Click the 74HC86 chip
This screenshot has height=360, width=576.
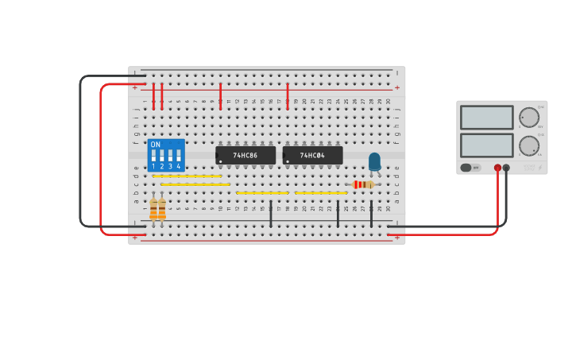tap(245, 155)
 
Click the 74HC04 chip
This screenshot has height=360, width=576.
tap(312, 155)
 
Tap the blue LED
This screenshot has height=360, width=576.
tap(374, 161)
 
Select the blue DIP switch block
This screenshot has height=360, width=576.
tap(166, 155)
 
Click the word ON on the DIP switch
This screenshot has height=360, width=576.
tap(156, 145)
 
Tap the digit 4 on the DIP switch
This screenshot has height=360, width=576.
tap(178, 166)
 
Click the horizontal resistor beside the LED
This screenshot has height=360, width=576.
tap(363, 184)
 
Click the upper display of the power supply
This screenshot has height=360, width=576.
tap(486, 118)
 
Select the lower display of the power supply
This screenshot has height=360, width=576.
tap(486, 145)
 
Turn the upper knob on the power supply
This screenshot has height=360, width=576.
tap(529, 118)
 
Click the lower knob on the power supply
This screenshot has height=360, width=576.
tap(529, 145)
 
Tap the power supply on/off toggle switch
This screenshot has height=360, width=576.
tap(470, 168)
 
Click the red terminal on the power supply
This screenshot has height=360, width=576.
tap(497, 168)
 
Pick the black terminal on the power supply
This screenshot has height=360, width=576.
tap(506, 168)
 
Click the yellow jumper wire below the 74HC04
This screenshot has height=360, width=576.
tap(320, 192)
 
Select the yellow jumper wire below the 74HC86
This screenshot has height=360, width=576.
tap(262, 192)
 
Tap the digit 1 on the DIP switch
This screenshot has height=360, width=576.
tap(153, 166)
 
